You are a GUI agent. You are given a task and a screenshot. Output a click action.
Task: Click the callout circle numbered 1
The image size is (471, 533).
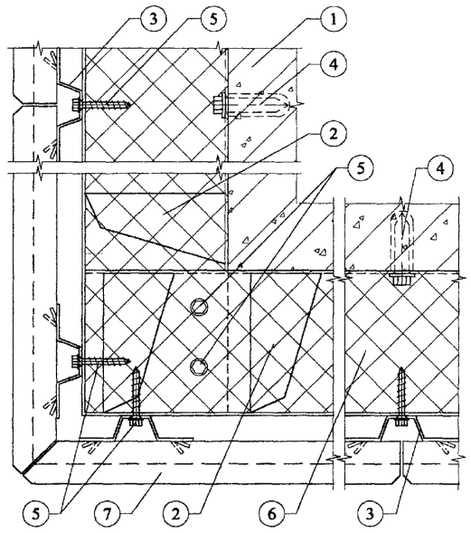(333, 19)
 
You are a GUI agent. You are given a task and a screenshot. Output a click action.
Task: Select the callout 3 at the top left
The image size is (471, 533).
(154, 19)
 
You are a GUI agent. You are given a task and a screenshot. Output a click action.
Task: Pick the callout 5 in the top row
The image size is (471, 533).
(212, 19)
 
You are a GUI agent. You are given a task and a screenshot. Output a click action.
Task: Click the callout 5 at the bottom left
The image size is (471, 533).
(35, 513)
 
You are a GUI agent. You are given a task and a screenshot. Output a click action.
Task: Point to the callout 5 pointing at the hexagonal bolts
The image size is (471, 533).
(360, 169)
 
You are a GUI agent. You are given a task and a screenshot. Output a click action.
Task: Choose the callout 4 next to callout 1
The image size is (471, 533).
(334, 64)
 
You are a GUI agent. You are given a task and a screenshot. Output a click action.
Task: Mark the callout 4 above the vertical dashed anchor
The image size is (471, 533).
(439, 169)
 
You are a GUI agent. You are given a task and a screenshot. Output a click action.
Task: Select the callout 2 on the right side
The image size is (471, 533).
(333, 134)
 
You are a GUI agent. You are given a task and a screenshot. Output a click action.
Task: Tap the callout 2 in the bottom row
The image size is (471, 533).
(175, 513)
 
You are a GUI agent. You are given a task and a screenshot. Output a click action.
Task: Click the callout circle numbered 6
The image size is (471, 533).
(272, 513)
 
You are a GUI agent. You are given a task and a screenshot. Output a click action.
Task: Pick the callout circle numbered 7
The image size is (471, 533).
(107, 513)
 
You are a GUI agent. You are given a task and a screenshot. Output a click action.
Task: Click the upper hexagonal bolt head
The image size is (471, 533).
(198, 307)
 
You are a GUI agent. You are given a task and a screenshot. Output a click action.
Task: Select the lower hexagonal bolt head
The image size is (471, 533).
(198, 366)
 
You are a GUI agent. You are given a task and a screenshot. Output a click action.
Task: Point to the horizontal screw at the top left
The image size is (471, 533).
(101, 104)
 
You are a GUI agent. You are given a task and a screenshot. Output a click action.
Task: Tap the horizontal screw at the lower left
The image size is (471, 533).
(101, 361)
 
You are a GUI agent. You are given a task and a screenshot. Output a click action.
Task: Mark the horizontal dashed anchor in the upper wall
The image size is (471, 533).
(251, 104)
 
